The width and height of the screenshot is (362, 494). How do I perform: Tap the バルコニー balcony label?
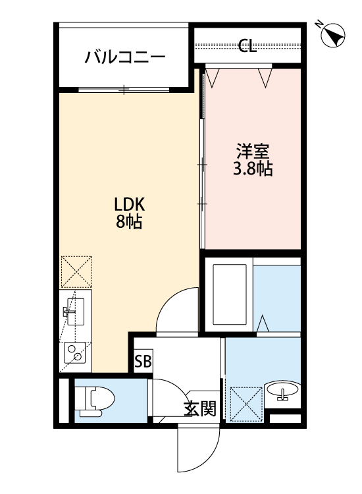click(124, 57)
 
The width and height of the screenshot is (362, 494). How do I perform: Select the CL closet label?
click(247, 45)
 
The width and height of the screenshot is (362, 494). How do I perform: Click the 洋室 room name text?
click(253, 151)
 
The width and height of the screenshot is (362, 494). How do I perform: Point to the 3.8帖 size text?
click(253, 169)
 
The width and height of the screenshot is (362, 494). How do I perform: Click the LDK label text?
click(129, 204)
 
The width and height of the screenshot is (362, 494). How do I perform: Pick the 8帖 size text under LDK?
click(129, 221)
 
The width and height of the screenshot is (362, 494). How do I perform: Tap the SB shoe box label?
click(143, 361)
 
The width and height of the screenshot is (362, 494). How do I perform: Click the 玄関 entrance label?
click(199, 409)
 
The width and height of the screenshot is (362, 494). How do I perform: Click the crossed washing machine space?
click(245, 402)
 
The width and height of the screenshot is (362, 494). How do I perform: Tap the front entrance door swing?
click(198, 448)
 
